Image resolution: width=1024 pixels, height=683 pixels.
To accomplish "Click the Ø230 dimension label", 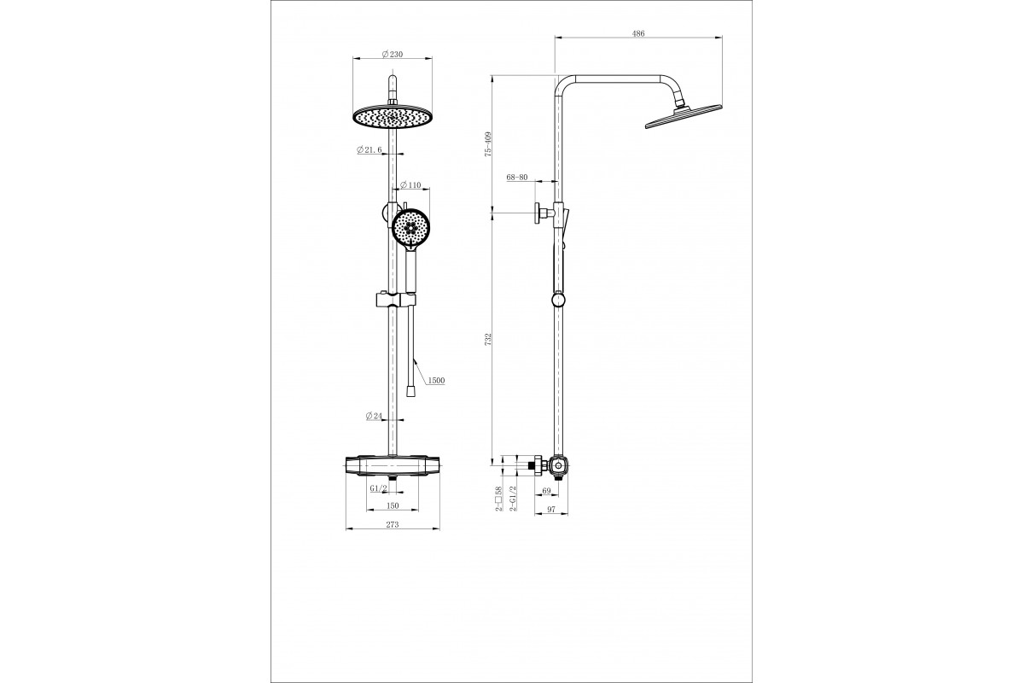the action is (393, 54).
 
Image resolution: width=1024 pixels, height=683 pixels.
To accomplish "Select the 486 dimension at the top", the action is (638, 33).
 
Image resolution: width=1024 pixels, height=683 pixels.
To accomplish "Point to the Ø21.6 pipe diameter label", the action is (369, 149).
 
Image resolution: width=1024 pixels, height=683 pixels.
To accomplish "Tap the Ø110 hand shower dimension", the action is (410, 185).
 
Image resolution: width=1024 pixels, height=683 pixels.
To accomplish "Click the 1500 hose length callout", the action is (436, 381).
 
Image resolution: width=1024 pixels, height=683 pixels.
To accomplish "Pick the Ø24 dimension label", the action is (374, 416).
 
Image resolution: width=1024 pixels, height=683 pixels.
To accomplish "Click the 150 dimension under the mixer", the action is (393, 505).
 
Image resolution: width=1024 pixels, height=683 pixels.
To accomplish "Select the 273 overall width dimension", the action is (393, 525).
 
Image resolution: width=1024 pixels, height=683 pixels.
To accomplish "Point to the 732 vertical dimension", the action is (488, 339).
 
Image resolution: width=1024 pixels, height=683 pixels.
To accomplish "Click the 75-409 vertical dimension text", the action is (488, 144).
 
